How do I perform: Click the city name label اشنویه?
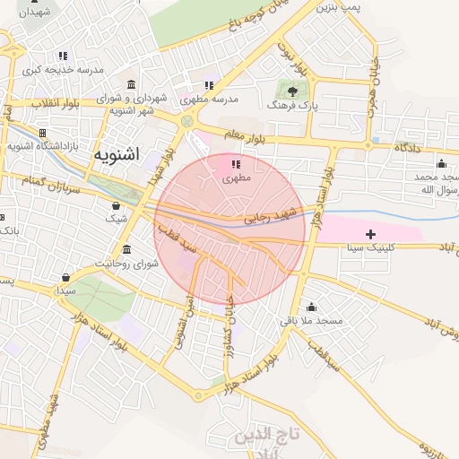click(116, 154)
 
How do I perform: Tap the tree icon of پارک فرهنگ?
click(291, 90)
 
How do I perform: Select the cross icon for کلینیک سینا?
click(371, 233)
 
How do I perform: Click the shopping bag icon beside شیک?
click(116, 205)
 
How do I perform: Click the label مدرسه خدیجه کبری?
click(63, 69)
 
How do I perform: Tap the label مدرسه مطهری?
click(208, 99)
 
